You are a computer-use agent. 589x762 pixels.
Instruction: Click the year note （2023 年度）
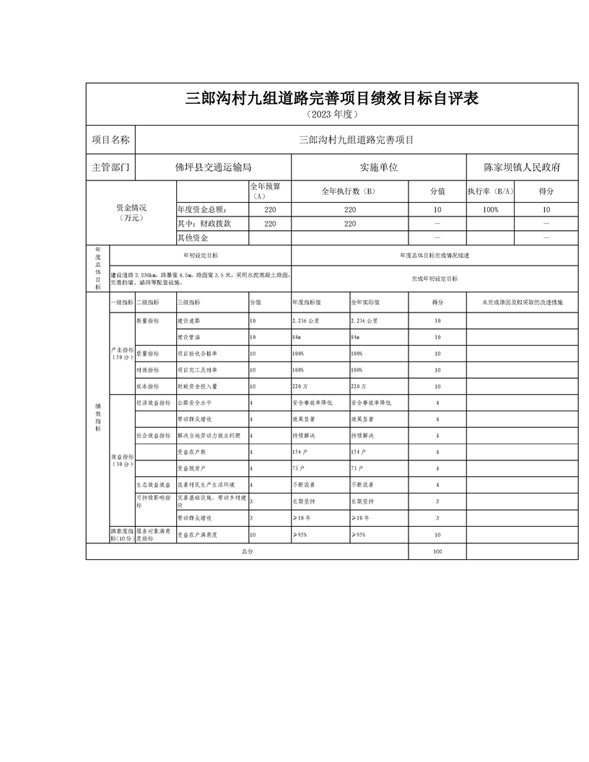332,115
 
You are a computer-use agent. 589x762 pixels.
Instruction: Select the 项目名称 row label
110,140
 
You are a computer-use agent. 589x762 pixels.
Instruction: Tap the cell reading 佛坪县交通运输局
213,167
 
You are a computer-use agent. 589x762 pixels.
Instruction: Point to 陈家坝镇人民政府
522,167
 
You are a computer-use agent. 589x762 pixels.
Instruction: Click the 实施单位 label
379,167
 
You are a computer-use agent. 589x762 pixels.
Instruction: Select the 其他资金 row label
193,237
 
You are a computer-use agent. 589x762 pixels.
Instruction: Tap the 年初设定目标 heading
201,255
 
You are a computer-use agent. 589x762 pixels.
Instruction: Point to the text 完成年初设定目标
435,278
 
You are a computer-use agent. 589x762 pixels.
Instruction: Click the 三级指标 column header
189,302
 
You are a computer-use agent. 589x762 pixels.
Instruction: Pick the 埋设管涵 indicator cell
189,337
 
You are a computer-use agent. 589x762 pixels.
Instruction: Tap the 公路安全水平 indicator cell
195,403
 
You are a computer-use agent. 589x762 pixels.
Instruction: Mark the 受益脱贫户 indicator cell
191,468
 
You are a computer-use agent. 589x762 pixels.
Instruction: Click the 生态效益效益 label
153,485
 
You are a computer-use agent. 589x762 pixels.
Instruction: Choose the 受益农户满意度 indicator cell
198,535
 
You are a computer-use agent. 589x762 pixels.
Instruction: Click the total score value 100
437,551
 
